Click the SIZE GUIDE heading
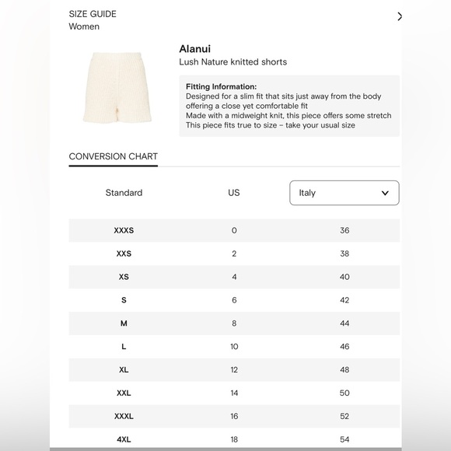93,14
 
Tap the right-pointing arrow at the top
400,16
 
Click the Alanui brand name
195,48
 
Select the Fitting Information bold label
221,86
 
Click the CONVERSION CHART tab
114,156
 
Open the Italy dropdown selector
344,193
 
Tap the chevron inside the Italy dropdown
385,193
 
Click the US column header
234,193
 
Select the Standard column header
124,193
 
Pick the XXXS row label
124,230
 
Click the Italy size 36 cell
344,230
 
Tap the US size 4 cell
234,277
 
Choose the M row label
124,323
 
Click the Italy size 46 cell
344,347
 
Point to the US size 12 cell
234,370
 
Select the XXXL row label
124,417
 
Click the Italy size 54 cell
344,440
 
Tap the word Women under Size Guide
84,26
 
